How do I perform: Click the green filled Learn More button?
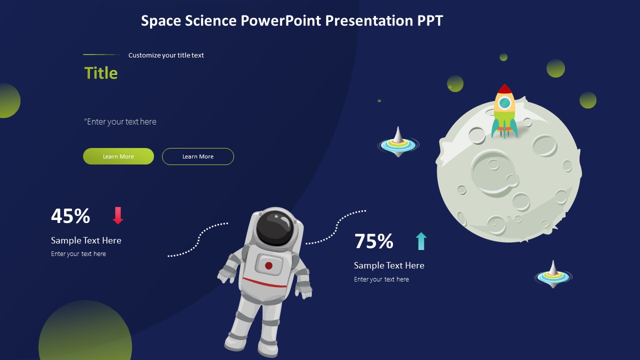[x=118, y=156]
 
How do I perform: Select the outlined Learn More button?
[x=198, y=156]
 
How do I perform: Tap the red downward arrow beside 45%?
[x=118, y=215]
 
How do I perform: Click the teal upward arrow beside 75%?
[x=421, y=241]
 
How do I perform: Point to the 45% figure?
[x=70, y=216]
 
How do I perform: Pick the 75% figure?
[x=374, y=241]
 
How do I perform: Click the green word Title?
[x=101, y=73]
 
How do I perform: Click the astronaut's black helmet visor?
[x=274, y=228]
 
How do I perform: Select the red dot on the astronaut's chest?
[x=268, y=265]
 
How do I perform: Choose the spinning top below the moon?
[x=553, y=275]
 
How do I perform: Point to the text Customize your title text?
[x=166, y=55]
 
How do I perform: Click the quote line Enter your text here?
[x=120, y=121]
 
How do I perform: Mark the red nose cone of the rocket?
[x=504, y=89]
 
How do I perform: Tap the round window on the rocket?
[x=505, y=103]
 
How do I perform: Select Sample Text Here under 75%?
[x=389, y=265]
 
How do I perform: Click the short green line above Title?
[x=101, y=54]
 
